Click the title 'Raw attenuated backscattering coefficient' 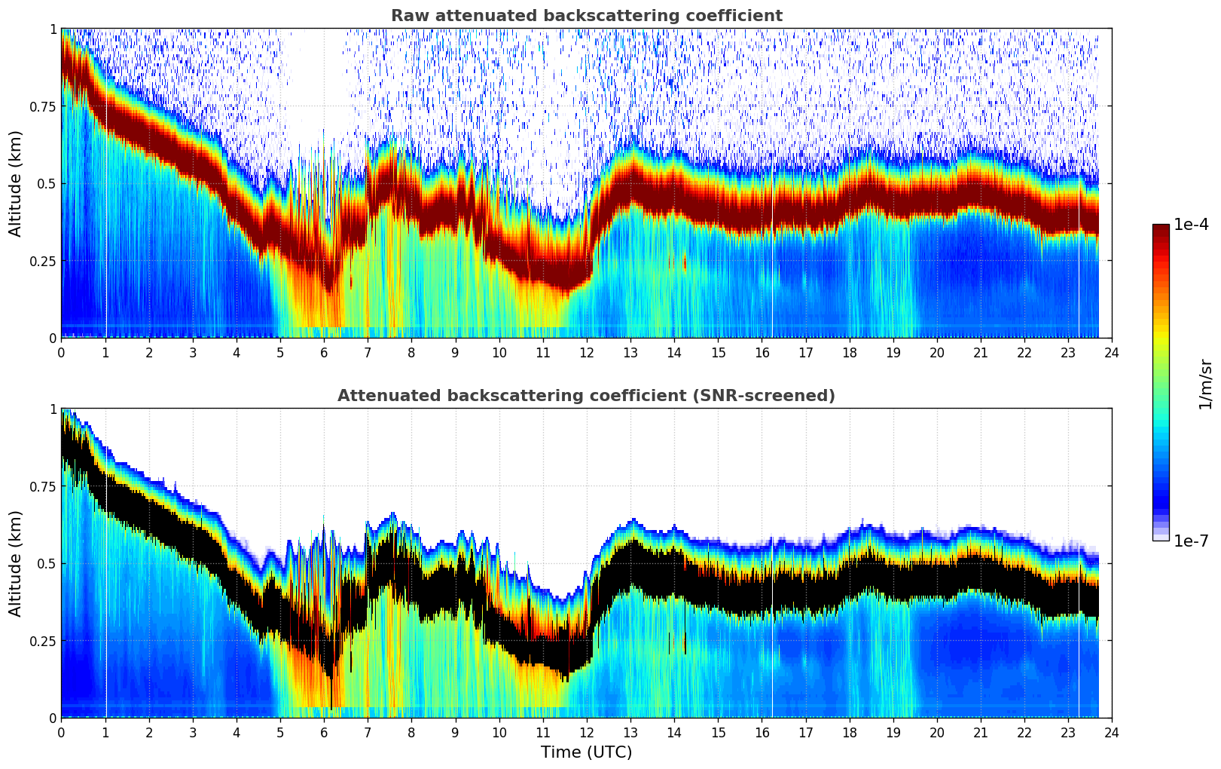[586, 16]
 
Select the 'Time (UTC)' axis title [586, 752]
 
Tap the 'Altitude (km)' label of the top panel [16, 183]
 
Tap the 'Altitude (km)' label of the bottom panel [16, 563]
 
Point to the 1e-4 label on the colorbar [1191, 225]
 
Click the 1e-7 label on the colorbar [1191, 541]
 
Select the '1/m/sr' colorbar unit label [1205, 384]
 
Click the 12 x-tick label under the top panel [586, 352]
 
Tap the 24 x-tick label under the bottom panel [1111, 732]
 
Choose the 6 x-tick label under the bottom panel [324, 732]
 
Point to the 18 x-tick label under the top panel [849, 352]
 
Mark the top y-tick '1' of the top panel [53, 29]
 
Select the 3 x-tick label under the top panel [193, 352]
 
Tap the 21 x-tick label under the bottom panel [980, 732]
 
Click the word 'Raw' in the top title [407, 16]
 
